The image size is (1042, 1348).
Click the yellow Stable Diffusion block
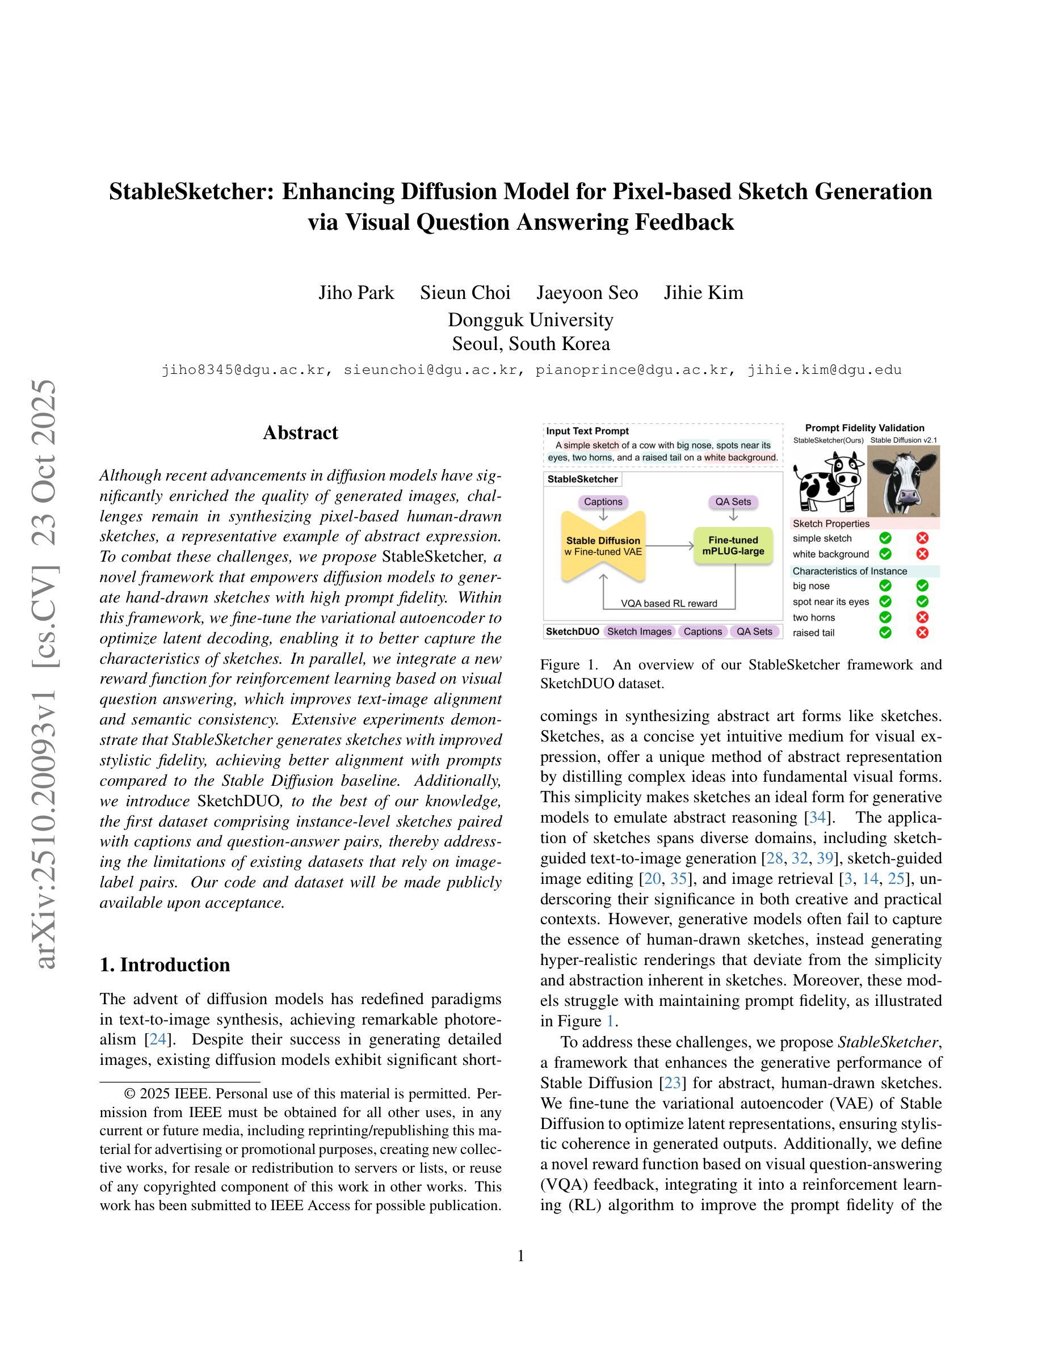(x=603, y=546)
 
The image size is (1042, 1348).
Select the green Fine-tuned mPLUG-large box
(x=733, y=546)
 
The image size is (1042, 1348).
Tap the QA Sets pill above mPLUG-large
(x=733, y=502)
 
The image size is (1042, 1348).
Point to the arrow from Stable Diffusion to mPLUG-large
(x=670, y=546)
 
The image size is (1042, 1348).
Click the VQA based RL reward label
(x=669, y=603)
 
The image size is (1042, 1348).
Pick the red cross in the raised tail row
(x=922, y=632)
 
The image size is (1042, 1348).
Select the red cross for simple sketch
(x=922, y=538)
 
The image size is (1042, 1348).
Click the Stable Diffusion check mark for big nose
(x=922, y=585)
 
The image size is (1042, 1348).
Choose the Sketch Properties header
(x=831, y=524)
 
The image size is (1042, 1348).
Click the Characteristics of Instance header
(x=850, y=571)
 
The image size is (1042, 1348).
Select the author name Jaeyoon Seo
(x=587, y=293)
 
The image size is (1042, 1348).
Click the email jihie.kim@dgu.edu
(x=825, y=370)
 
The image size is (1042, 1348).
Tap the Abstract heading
(x=301, y=433)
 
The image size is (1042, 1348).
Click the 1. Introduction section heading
(x=165, y=964)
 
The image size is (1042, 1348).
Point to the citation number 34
(x=817, y=818)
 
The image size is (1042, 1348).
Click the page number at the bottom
(x=520, y=1256)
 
